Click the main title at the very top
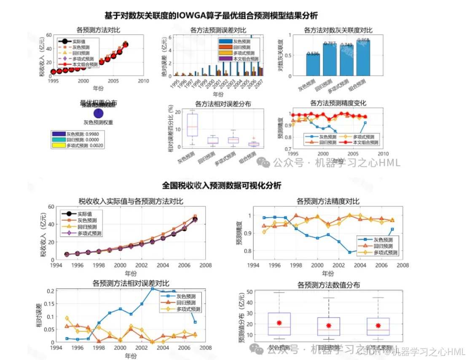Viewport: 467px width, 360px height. point(211,16)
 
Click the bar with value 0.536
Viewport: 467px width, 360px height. point(313,65)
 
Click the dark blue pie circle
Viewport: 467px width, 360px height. point(98,113)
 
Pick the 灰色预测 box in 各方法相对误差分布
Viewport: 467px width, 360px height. point(192,125)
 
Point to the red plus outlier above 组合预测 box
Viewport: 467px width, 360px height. point(253,138)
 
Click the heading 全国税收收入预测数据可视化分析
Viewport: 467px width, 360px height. point(222,186)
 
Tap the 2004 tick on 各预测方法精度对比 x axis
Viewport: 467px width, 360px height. point(360,266)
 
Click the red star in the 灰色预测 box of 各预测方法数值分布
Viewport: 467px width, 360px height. point(279,323)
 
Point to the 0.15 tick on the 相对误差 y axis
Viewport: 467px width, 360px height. point(49,304)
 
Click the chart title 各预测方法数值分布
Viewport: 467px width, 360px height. point(329,285)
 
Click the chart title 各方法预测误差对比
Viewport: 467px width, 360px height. point(217,30)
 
